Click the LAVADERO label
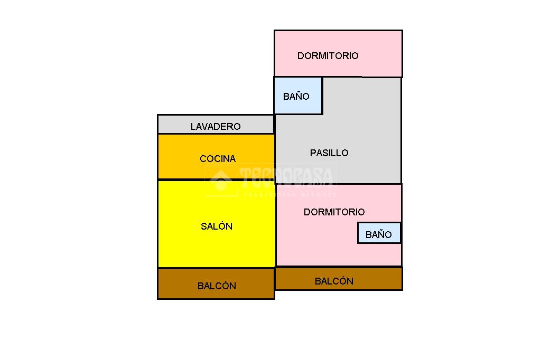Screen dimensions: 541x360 (216, 127)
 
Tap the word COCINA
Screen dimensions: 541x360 (218, 159)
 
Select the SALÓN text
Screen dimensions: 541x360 (217, 226)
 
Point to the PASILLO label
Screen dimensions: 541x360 (329, 153)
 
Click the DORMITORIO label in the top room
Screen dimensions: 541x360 (328, 56)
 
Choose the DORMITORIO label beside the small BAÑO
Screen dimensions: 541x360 (334, 212)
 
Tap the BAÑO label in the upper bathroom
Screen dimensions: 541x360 (296, 97)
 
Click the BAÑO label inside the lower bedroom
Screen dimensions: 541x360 (378, 235)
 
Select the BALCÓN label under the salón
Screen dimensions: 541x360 (217, 286)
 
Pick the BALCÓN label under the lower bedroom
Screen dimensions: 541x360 (334, 281)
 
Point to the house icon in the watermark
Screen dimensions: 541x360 (221, 181)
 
